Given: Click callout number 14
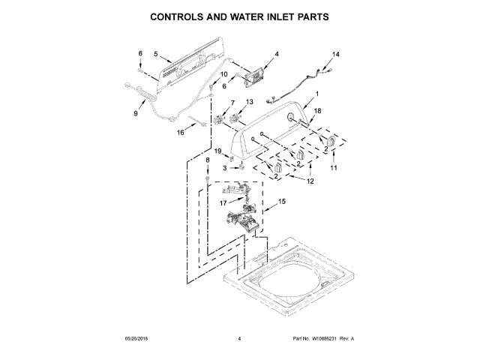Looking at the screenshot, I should pos(336,55).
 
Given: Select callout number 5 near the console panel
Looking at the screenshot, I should pos(155,53).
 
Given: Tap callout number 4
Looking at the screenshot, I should pos(276,54).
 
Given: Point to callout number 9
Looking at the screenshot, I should pos(136,113).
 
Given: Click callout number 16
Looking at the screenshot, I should pos(180,133).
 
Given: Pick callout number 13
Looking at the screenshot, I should pos(250,102).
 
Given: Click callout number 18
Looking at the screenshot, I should pos(317,110).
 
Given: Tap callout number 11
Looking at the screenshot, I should pos(334,168).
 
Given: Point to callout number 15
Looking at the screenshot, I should pos(282,201).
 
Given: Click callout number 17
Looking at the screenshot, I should pos(222,202).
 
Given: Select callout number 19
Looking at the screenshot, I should pos(218,151).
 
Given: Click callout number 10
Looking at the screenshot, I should pos(223,74).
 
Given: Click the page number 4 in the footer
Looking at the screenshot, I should pos(239,339).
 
